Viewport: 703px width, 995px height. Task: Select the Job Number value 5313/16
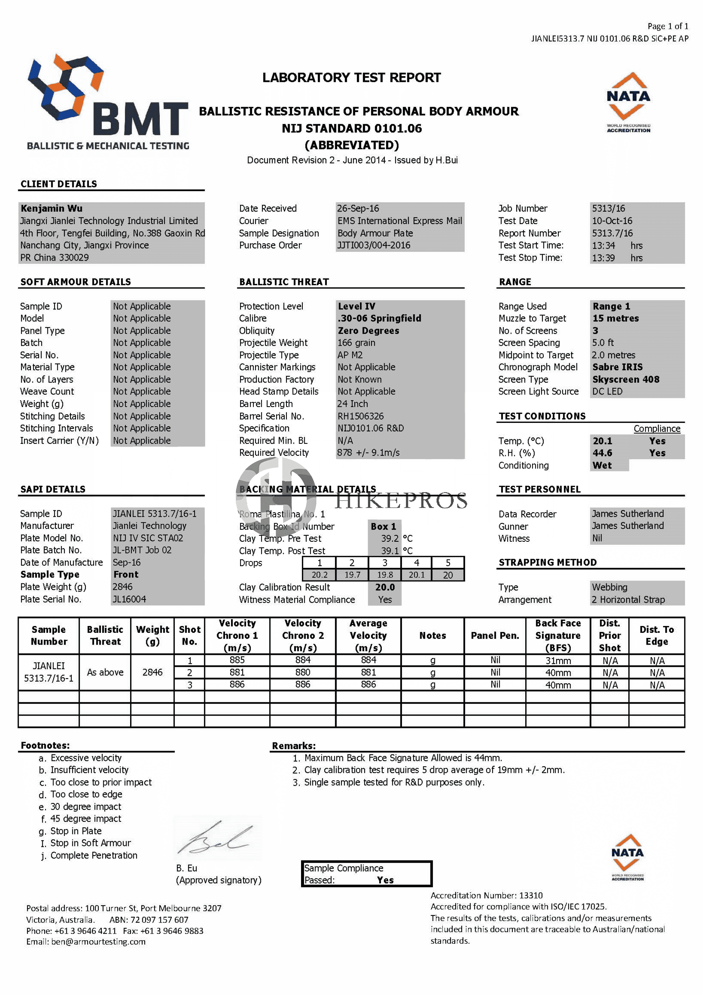point(608,208)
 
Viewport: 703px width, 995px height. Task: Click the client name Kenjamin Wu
point(52,208)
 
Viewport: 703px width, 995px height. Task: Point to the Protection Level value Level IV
point(357,306)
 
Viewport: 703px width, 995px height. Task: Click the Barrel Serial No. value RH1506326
point(360,416)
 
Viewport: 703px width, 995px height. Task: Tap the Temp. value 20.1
point(602,441)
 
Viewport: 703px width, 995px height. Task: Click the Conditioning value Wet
point(602,465)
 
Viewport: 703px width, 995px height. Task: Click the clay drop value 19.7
point(352,575)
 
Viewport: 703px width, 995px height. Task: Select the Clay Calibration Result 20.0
point(385,587)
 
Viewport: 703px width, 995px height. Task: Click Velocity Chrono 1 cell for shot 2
point(237,673)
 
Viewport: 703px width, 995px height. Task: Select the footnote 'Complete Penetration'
point(94,855)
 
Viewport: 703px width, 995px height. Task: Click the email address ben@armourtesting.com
point(98,942)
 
